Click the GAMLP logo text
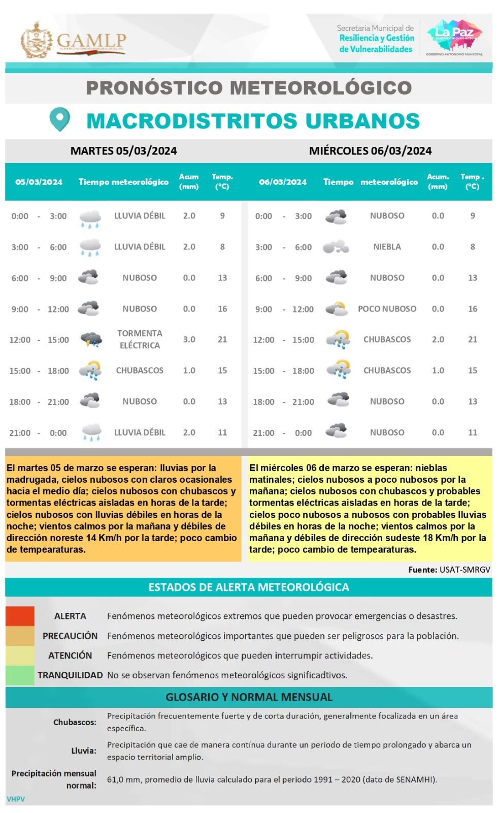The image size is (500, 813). [x=91, y=41]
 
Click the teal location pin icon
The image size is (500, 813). [x=59, y=119]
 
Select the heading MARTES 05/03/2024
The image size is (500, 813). [x=123, y=151]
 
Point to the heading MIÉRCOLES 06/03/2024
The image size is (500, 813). [x=370, y=151]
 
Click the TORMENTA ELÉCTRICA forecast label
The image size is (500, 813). [x=140, y=339]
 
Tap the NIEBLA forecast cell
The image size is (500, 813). [x=387, y=247]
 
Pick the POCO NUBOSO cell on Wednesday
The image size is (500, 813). [x=387, y=309]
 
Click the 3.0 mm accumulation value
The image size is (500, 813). [x=189, y=339]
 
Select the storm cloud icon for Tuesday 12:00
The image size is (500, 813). [x=91, y=339]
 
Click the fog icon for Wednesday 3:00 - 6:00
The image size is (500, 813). [x=336, y=247]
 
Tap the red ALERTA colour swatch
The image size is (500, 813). [x=20, y=616]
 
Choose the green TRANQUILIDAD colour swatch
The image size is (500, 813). [x=20, y=675]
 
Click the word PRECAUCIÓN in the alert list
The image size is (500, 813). [x=70, y=636]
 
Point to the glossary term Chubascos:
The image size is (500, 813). [x=75, y=722]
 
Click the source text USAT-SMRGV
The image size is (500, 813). [x=464, y=570]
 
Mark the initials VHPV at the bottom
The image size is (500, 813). [x=16, y=799]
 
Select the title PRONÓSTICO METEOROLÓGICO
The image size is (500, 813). [x=249, y=88]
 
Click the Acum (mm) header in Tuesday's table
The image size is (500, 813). [x=189, y=181]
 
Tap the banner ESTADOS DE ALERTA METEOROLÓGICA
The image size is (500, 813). [x=249, y=587]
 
